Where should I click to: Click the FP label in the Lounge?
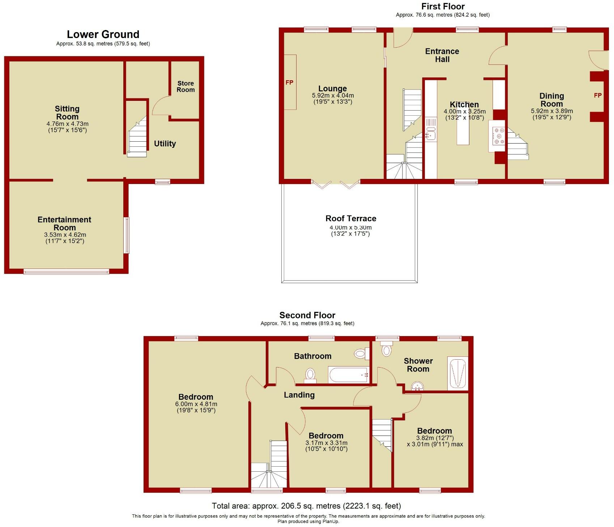(289, 82)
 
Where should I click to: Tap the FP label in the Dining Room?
(598, 95)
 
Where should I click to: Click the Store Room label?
(186, 87)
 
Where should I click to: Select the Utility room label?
(165, 144)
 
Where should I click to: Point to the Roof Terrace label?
(351, 218)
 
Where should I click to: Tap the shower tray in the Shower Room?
(457, 374)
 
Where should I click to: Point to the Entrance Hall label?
(442, 55)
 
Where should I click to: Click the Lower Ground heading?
(103, 34)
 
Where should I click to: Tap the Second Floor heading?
(307, 315)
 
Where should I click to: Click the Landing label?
(299, 395)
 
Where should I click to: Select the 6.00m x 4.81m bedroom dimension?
(196, 404)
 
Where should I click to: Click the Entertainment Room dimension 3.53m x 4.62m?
(65, 235)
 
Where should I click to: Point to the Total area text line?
(306, 506)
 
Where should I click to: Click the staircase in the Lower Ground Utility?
(137, 139)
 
